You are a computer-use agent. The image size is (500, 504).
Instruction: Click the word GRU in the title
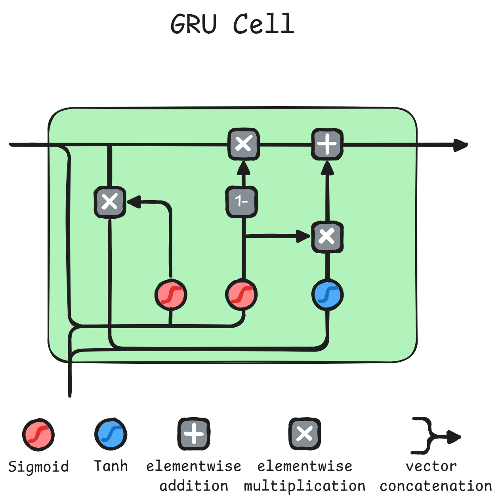(x=194, y=24)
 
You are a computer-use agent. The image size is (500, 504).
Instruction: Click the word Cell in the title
(x=263, y=24)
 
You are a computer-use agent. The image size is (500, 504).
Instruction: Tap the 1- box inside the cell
(x=242, y=202)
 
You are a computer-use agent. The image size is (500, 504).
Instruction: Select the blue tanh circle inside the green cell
(x=327, y=295)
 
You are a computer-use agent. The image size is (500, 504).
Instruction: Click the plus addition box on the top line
(x=327, y=144)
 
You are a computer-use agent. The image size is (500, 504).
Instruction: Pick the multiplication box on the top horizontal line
(x=244, y=144)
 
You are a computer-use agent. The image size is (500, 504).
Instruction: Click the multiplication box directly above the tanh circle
(x=327, y=237)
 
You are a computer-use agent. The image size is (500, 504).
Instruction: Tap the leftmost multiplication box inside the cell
(x=110, y=202)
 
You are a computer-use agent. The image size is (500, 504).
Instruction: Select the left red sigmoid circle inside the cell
(x=171, y=295)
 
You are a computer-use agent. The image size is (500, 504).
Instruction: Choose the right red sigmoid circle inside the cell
(x=242, y=295)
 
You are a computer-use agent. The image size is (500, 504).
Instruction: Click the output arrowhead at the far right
(x=460, y=145)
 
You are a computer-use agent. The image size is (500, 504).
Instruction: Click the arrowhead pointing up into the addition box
(x=327, y=168)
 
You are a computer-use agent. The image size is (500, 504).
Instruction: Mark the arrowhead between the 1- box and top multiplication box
(x=244, y=168)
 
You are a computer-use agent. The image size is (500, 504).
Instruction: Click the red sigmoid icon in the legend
(x=38, y=434)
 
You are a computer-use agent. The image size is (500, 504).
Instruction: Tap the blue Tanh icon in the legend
(x=111, y=434)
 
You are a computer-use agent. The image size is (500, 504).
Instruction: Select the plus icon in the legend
(x=194, y=434)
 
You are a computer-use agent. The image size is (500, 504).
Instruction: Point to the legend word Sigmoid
(x=38, y=467)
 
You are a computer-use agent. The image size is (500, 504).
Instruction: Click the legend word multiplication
(x=304, y=486)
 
